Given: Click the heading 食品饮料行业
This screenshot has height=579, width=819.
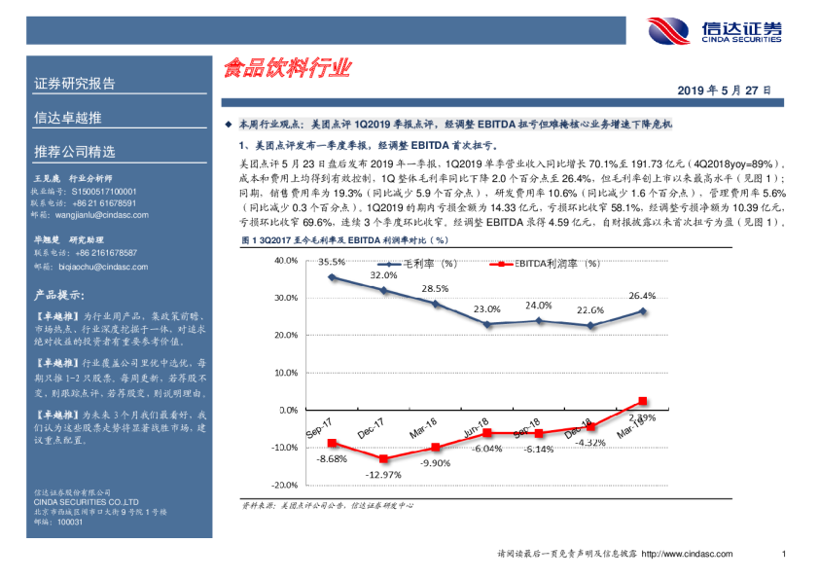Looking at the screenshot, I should (x=286, y=69).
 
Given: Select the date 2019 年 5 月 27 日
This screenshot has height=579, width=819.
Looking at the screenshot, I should (x=725, y=89).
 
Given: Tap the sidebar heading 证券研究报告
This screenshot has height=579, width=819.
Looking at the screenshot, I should (x=75, y=83).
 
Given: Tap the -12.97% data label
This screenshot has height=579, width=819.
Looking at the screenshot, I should (x=384, y=474).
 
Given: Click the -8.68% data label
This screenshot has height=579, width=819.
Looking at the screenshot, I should (x=332, y=458).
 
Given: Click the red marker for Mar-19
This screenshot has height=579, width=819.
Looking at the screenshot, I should (x=642, y=401).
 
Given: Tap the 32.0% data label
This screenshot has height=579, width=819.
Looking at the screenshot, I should (x=383, y=275).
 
